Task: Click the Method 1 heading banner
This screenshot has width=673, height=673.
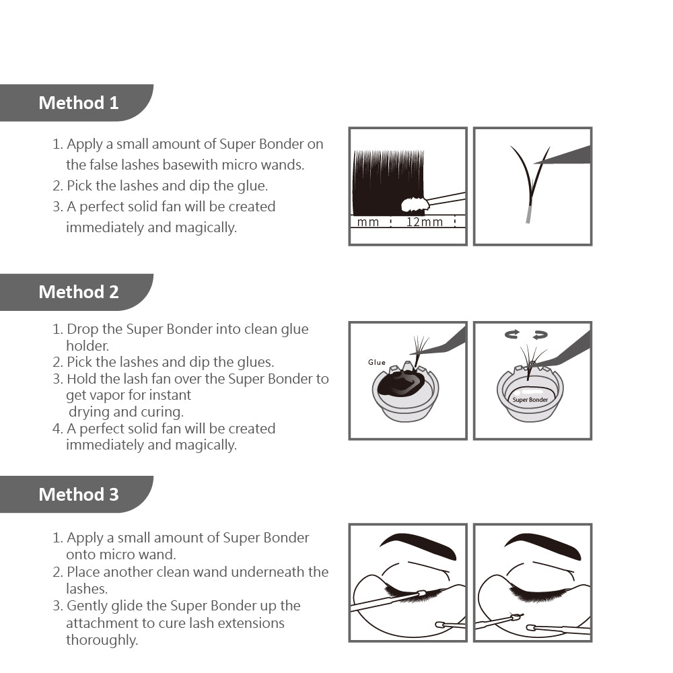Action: point(78,103)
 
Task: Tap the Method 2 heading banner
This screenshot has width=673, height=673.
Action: point(78,292)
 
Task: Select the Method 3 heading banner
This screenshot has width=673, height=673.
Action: point(78,495)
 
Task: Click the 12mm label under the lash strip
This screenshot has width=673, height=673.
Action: point(424,222)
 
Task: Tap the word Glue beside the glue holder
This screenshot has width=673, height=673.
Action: point(377,362)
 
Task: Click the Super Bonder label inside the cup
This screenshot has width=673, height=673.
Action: point(530,400)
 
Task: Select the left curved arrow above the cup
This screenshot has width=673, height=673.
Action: point(512,334)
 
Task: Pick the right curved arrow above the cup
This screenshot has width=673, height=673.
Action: point(540,334)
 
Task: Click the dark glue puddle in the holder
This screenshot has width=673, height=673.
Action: point(402,386)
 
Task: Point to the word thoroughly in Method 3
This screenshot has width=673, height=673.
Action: point(102,640)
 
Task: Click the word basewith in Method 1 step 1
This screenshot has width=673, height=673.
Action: point(195,165)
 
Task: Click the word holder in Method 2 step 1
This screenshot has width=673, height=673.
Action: point(87,346)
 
